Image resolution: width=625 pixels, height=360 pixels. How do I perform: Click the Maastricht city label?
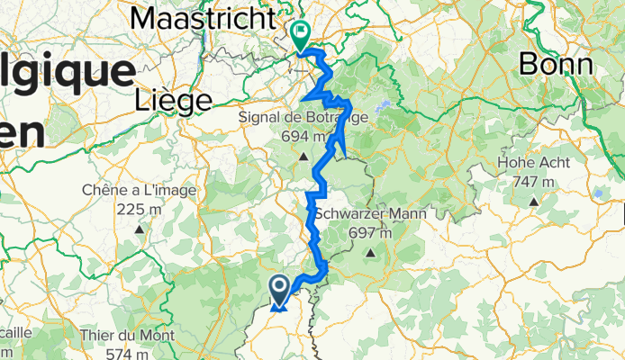[203, 17]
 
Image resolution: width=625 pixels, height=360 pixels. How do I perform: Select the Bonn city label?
[556, 63]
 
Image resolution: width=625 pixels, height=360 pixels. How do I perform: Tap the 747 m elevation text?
[536, 181]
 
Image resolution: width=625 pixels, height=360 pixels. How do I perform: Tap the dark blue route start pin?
[279, 289]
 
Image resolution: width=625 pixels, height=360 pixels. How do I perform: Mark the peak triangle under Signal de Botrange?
[303, 154]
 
